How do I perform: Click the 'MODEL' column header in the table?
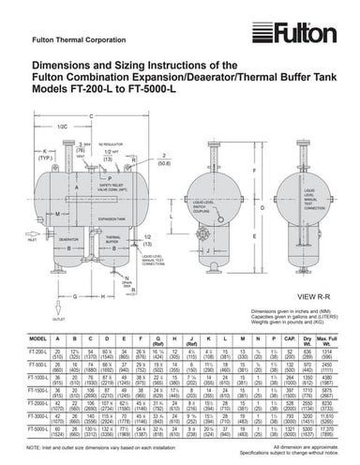(39, 337)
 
